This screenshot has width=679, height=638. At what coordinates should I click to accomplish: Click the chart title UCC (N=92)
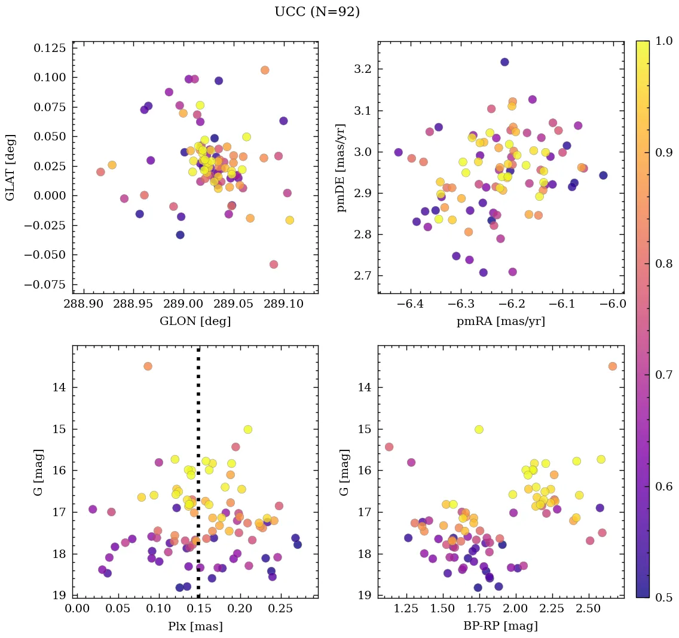(317, 12)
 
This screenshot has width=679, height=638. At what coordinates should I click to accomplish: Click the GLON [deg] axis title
(195, 321)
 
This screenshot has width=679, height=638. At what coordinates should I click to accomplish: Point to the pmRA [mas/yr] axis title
(501, 321)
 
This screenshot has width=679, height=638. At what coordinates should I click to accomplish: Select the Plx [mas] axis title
(195, 626)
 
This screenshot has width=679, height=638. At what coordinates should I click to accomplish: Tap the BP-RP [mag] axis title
(501, 626)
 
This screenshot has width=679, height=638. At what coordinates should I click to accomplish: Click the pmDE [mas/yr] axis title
(342, 167)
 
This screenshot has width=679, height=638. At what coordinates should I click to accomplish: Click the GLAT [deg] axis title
(10, 167)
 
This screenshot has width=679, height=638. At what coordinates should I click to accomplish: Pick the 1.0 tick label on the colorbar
(660, 41)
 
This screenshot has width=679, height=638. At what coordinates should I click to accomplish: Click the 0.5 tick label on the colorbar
(660, 597)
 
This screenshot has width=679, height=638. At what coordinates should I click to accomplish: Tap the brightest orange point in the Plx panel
(148, 366)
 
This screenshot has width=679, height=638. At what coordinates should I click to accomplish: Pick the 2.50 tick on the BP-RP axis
(589, 609)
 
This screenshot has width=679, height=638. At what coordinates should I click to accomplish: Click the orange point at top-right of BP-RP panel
(613, 366)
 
